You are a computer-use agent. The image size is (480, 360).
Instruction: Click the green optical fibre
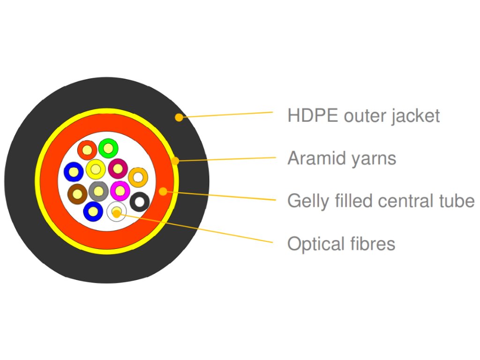point(108,149)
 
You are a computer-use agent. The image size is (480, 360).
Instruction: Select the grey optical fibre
point(98,191)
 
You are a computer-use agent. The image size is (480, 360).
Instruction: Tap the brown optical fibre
point(77,193)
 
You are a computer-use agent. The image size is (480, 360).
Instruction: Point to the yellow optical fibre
point(96,169)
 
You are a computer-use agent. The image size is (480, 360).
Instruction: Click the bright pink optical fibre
point(120,190)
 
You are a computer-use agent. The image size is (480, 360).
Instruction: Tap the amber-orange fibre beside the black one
point(138,177)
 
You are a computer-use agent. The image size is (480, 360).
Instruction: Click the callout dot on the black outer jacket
point(179,117)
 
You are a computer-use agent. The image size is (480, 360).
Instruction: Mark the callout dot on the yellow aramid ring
point(175,161)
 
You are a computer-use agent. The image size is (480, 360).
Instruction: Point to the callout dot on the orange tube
point(163,191)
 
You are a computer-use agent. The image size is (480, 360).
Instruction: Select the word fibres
point(370,244)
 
